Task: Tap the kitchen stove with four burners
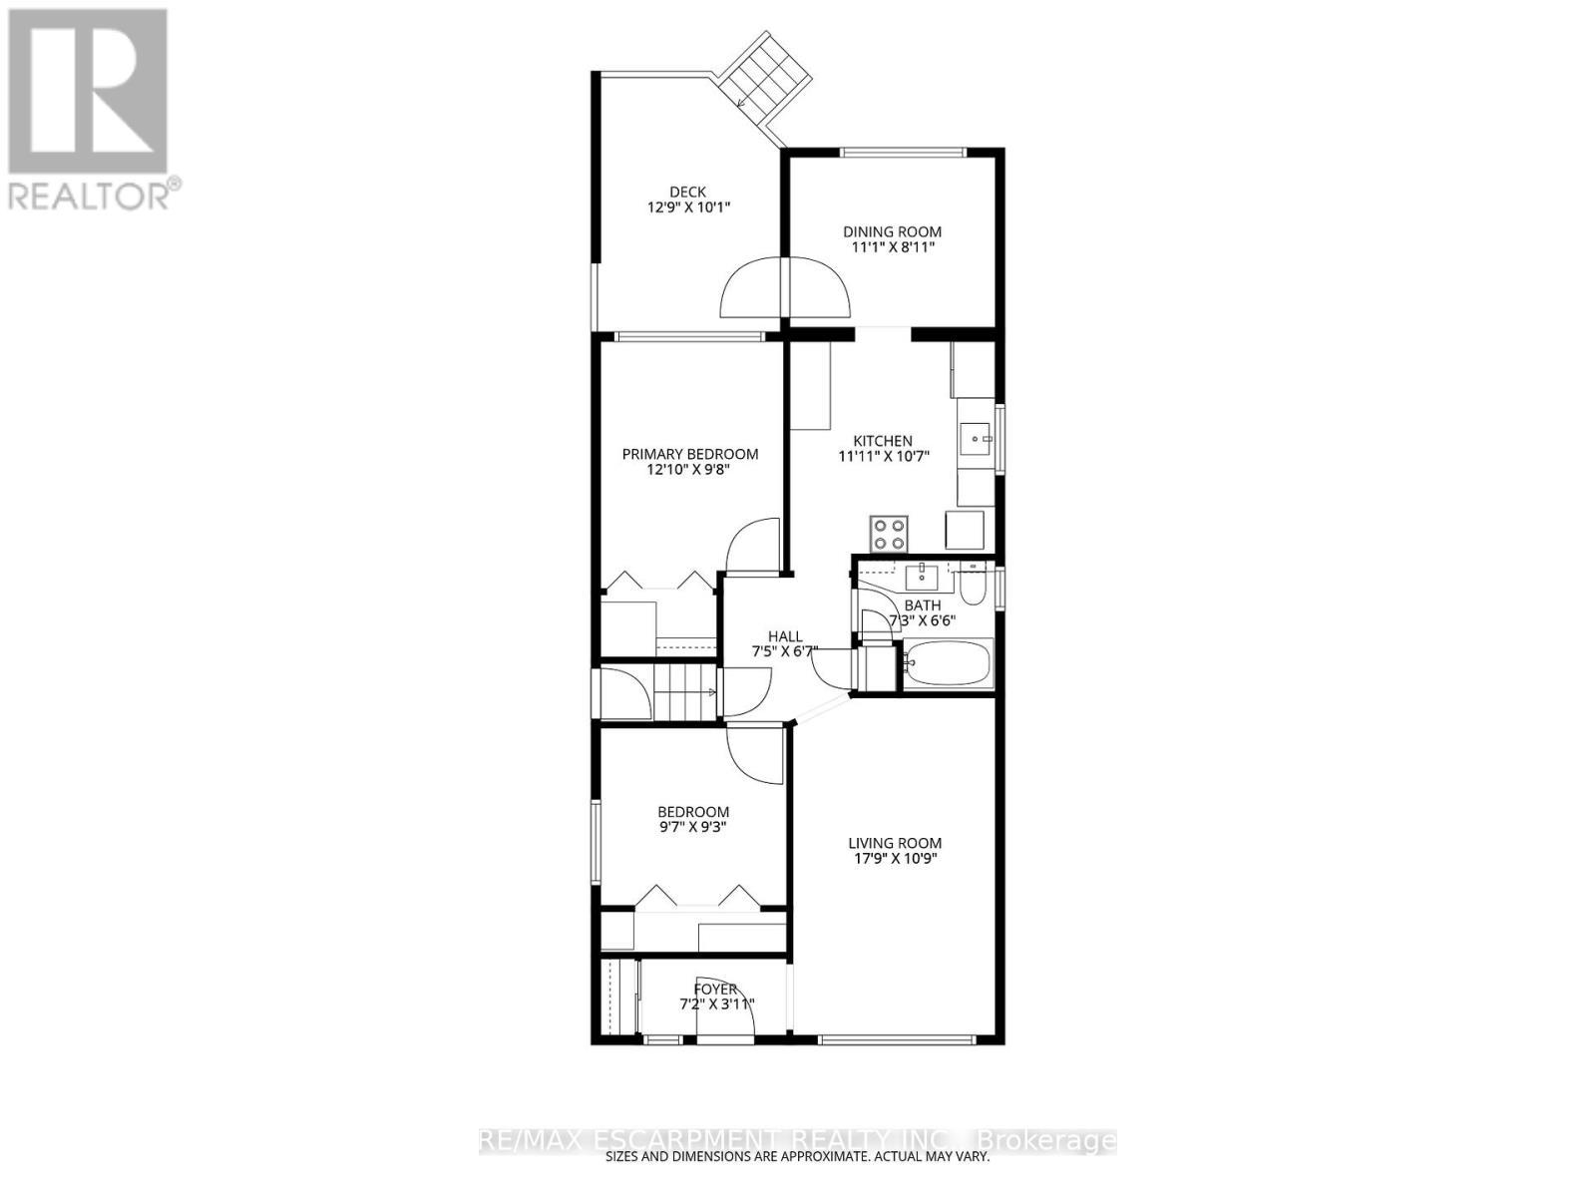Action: (889, 534)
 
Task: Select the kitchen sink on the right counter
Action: (977, 437)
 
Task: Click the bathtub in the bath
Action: (948, 665)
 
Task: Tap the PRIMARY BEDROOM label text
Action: (689, 454)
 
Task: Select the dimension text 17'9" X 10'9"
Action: (895, 858)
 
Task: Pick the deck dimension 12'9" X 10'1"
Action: (687, 207)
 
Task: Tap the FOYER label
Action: (715, 990)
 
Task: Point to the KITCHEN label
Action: (882, 441)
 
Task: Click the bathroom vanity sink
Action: (924, 576)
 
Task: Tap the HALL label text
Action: (784, 636)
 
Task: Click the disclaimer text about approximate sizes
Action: (798, 1157)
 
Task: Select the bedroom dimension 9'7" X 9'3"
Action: (692, 826)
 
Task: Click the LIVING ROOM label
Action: (895, 843)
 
